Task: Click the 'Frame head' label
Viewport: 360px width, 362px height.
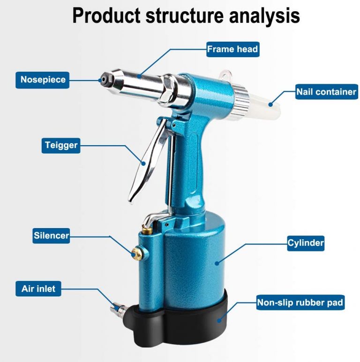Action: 232,49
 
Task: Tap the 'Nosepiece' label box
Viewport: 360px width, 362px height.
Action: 43,80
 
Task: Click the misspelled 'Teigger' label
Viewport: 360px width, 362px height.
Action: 60,145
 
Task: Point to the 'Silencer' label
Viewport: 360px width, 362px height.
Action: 51,236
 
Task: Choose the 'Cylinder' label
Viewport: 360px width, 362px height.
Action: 306,243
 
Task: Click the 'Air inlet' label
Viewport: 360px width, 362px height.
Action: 38,288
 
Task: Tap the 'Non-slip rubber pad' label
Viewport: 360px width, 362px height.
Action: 300,303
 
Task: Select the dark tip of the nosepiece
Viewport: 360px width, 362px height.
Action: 101,80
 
